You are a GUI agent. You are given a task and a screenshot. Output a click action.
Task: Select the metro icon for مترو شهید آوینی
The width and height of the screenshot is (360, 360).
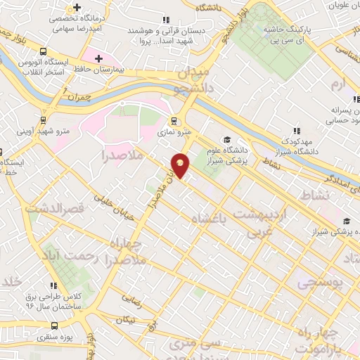pyautogui.click(x=44, y=120)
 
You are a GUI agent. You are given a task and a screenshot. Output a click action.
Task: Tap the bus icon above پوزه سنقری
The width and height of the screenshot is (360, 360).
pyautogui.click(x=56, y=326)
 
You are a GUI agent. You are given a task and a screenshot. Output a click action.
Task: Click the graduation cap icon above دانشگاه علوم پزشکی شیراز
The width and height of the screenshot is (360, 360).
pyautogui.click(x=226, y=139)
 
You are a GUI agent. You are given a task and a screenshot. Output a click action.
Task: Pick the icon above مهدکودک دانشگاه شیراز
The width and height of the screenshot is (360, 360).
pyautogui.click(x=295, y=131)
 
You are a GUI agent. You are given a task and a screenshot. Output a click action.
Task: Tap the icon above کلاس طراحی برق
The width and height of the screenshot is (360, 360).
pyautogui.click(x=53, y=285)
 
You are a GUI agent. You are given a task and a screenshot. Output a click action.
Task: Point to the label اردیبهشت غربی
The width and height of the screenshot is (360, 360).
pyautogui.click(x=259, y=221)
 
